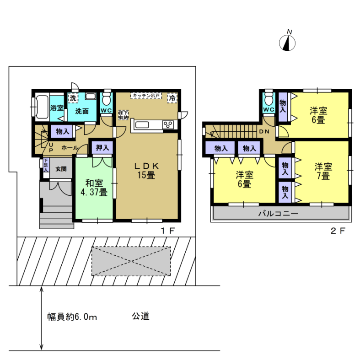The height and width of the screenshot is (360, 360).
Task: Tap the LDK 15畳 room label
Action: (x=146, y=170)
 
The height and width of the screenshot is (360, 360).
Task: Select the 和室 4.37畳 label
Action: (x=94, y=188)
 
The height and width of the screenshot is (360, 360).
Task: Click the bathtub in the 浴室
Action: (x=42, y=107)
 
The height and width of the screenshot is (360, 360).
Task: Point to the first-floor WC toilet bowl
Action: (x=106, y=99)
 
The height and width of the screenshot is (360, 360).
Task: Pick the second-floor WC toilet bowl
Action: (x=269, y=99)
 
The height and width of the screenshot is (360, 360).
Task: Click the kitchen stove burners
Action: (x=168, y=125)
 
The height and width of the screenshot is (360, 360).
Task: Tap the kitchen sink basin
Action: (x=142, y=125)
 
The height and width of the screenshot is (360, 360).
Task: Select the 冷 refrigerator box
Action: (x=172, y=98)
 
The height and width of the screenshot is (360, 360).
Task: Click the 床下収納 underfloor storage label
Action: (x=124, y=115)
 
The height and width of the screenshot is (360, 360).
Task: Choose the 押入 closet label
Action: (x=102, y=147)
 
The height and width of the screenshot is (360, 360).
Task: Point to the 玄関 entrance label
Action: (x=61, y=169)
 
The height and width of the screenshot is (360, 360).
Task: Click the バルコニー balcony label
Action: (x=278, y=214)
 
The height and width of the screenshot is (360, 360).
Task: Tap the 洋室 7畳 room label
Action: (x=323, y=171)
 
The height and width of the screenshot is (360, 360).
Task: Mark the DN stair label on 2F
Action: (x=264, y=132)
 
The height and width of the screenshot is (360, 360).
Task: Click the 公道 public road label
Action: (x=140, y=316)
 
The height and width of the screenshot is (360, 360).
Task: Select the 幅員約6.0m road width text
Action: (x=72, y=317)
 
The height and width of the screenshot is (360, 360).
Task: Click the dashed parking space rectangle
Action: (x=131, y=261)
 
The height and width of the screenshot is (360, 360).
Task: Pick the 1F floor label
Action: (x=167, y=231)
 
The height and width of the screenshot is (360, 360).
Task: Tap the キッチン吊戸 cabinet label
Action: (x=146, y=96)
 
